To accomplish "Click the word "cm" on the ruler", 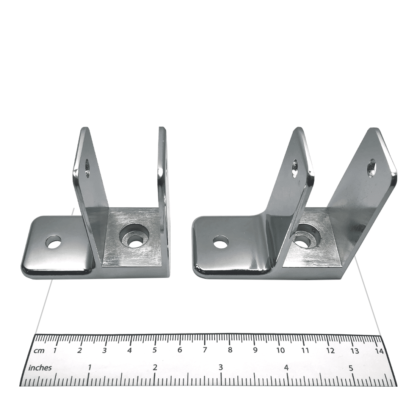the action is point(39,351).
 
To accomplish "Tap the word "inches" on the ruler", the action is point(40,368).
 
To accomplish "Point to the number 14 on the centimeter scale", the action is point(380,351).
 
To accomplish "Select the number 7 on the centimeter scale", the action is point(205,350).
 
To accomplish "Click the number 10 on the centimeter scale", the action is point(281,351).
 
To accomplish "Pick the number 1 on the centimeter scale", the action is point(55,350).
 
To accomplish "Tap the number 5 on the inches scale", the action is point(351,368).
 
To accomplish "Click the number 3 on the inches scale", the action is point(221,368).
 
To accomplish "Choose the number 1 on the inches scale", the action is point(89,368).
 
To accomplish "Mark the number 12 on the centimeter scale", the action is point(330,351).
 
